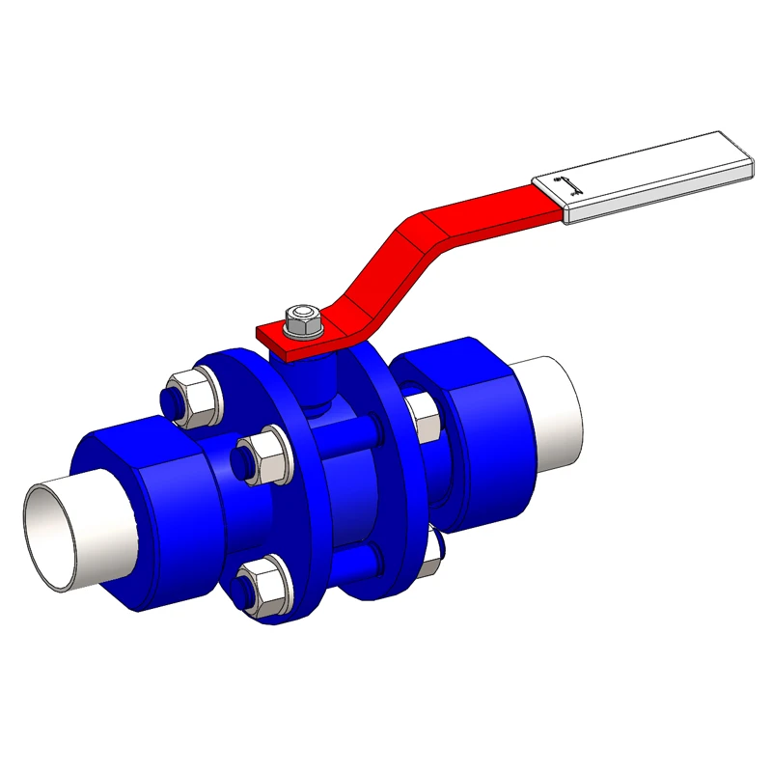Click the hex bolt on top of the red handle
304,321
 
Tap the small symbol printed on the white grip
570,188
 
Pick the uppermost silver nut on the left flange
193,397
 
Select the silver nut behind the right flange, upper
425,415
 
